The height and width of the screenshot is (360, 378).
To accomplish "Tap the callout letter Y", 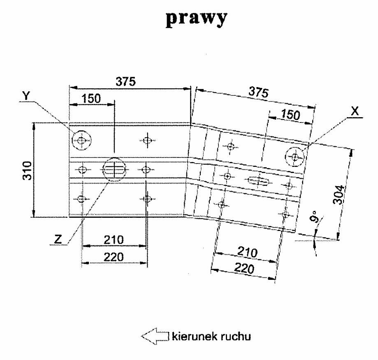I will click(27, 95).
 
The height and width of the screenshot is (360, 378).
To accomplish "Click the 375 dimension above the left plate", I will click(125, 81).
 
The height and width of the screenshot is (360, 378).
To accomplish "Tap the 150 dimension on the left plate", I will click(92, 99).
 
